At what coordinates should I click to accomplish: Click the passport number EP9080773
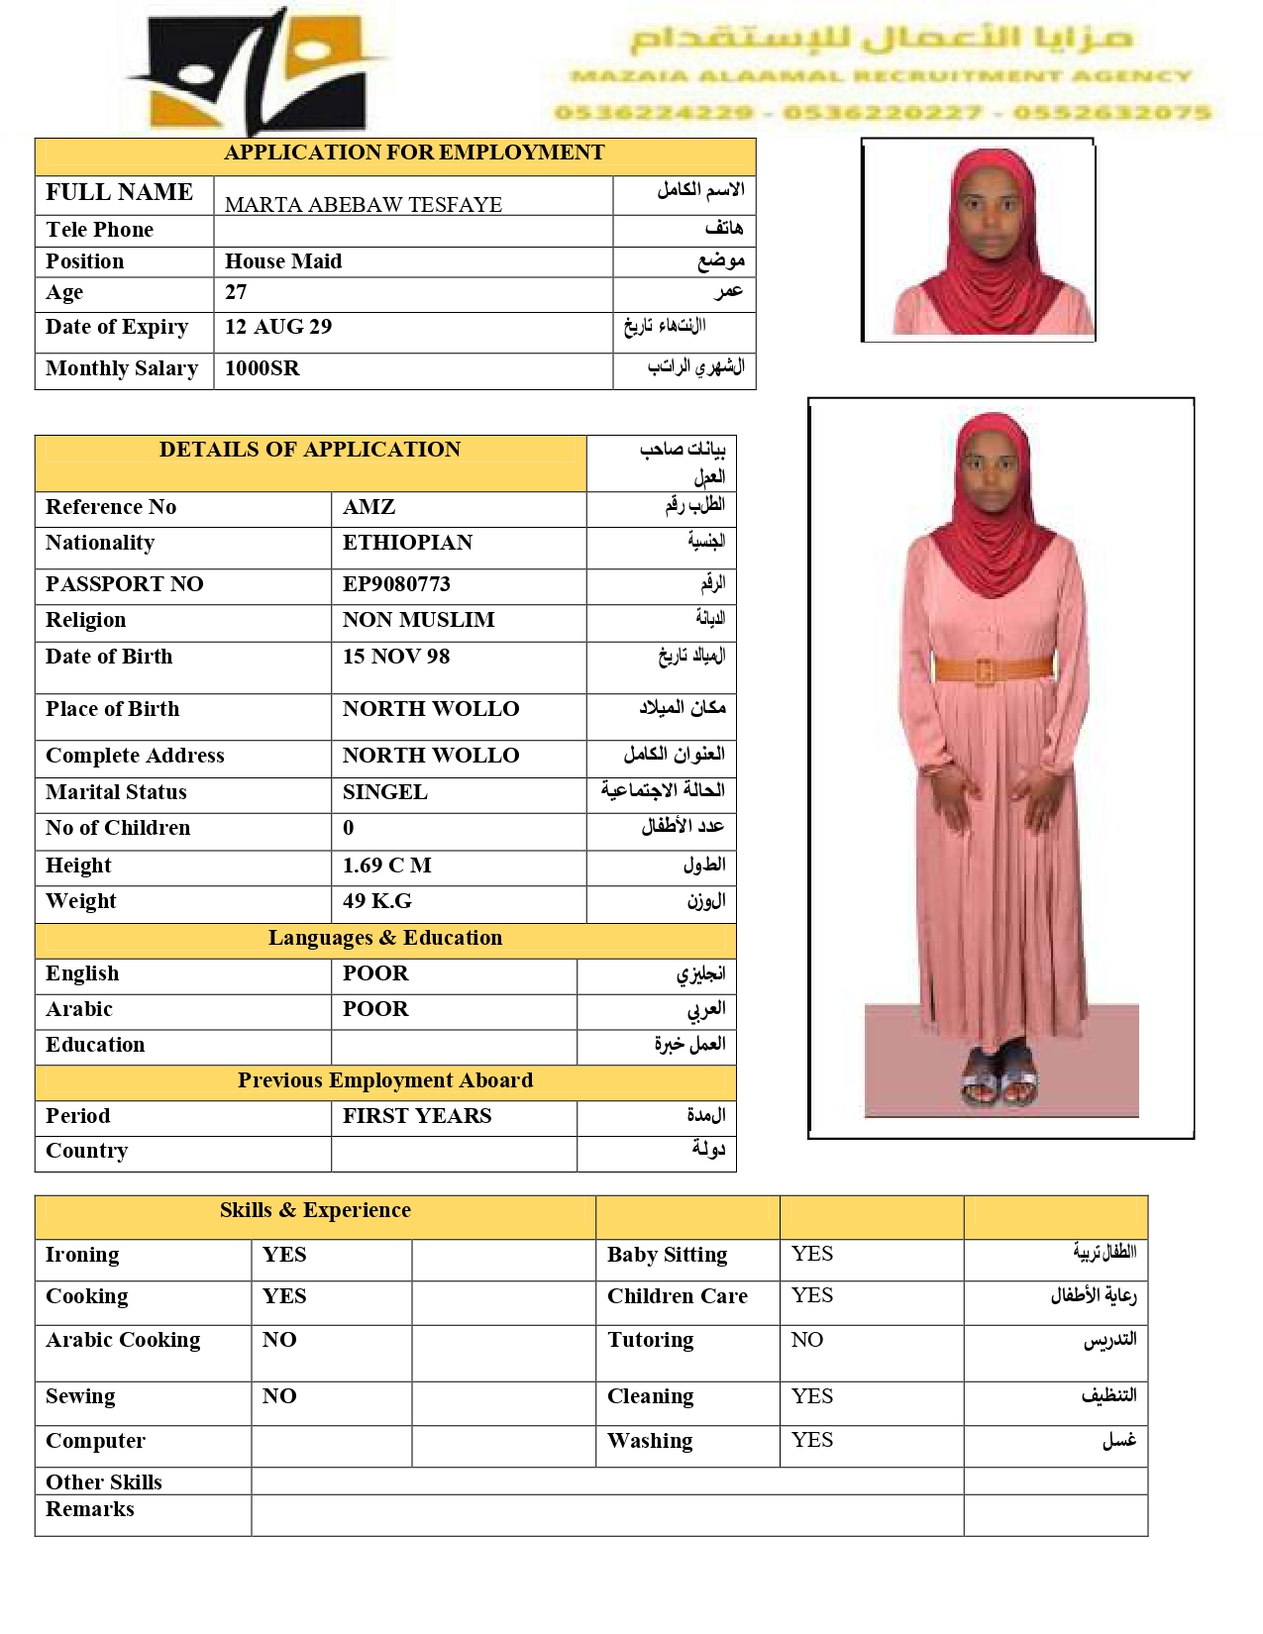pos(396,584)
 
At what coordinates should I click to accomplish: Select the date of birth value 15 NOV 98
pos(396,657)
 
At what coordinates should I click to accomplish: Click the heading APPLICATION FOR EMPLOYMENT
pos(414,153)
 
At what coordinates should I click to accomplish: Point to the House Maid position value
pos(283,261)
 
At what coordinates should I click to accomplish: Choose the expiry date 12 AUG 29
pos(278,327)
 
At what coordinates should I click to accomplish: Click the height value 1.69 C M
pos(387,866)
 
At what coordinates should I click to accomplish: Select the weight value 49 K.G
pos(377,901)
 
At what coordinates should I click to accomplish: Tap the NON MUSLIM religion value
pos(419,620)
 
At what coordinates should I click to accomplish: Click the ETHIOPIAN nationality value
pos(408,543)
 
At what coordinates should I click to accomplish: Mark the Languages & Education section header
pos(385,938)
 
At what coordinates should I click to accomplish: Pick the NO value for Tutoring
pos(807,1340)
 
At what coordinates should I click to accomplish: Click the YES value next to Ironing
pos(284,1255)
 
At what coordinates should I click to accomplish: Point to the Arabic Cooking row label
pos(123,1340)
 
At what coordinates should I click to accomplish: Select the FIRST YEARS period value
pos(417,1116)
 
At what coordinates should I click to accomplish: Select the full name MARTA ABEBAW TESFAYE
pos(364,205)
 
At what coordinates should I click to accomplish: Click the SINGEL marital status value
pos(385,792)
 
